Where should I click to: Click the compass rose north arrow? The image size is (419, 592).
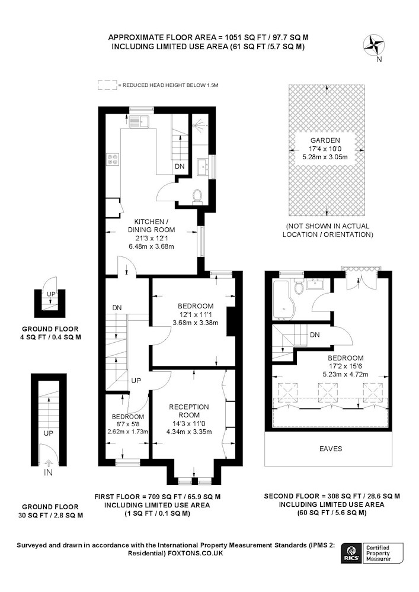pos(374,46)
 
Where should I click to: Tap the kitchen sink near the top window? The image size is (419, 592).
pos(139,121)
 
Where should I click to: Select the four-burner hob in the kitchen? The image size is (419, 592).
pos(113,159)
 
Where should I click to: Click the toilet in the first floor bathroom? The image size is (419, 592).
pos(197,197)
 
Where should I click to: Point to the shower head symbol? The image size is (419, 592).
pos(199,124)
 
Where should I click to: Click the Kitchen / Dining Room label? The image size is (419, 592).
pos(151,226)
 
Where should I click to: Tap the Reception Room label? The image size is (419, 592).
pos(189,411)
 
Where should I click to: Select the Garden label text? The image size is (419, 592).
pos(325,140)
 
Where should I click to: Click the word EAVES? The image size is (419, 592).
pos(331,449)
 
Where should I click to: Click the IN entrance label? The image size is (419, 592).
pos(49,472)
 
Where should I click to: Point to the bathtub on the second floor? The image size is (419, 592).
pos(283,300)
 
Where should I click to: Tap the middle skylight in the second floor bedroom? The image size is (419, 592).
pos(328,392)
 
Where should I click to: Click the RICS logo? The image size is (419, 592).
pos(350,553)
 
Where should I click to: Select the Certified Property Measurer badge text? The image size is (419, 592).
pos(379,553)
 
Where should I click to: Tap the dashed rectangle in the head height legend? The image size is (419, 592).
pos(107,85)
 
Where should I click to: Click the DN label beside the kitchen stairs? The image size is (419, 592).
pos(180,166)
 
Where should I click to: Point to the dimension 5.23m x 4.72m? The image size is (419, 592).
pos(346,374)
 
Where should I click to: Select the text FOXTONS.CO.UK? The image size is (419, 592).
pos(196,553)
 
